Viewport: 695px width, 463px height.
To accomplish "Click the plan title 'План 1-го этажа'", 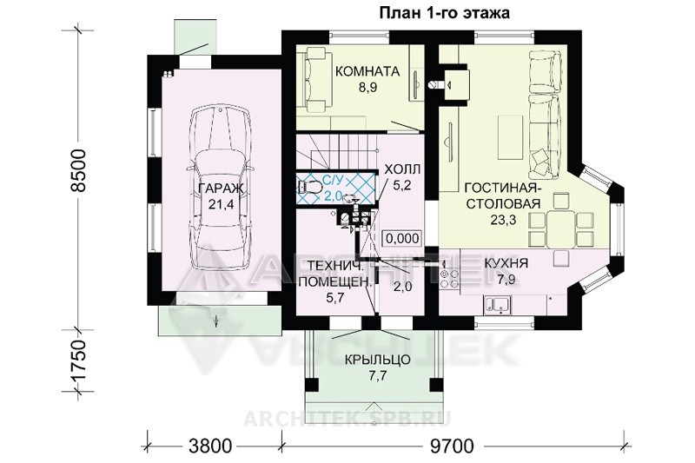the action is pyautogui.click(x=444, y=13).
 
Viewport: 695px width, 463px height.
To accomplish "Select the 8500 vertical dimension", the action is pyautogui.click(x=78, y=170).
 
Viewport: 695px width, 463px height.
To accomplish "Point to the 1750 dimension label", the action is pyautogui.click(x=78, y=360).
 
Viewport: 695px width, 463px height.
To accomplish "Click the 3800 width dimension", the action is pyautogui.click(x=209, y=446).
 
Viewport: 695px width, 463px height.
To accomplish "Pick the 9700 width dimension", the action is pyautogui.click(x=452, y=446).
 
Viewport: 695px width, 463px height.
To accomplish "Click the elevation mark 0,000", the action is pyautogui.click(x=402, y=238).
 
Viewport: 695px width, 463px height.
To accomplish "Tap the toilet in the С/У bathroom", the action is pyautogui.click(x=309, y=187).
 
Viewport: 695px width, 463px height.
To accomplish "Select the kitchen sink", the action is pyautogui.click(x=498, y=304).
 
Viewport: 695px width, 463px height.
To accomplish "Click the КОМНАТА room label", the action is pyautogui.click(x=367, y=71).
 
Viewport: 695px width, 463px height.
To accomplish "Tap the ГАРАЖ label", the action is pyautogui.click(x=221, y=189).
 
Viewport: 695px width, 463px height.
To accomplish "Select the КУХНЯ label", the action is pyautogui.click(x=506, y=263).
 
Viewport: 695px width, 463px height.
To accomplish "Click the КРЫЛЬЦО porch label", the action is pyautogui.click(x=378, y=360).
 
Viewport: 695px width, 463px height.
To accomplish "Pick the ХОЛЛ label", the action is pyautogui.click(x=402, y=169).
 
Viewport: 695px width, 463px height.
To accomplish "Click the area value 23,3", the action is pyautogui.click(x=503, y=219).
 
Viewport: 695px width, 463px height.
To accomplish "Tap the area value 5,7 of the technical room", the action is pyautogui.click(x=335, y=298).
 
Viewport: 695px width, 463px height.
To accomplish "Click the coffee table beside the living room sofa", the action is pyautogui.click(x=510, y=136).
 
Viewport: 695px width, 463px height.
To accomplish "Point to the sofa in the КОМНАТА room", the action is pyautogui.click(x=317, y=80).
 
